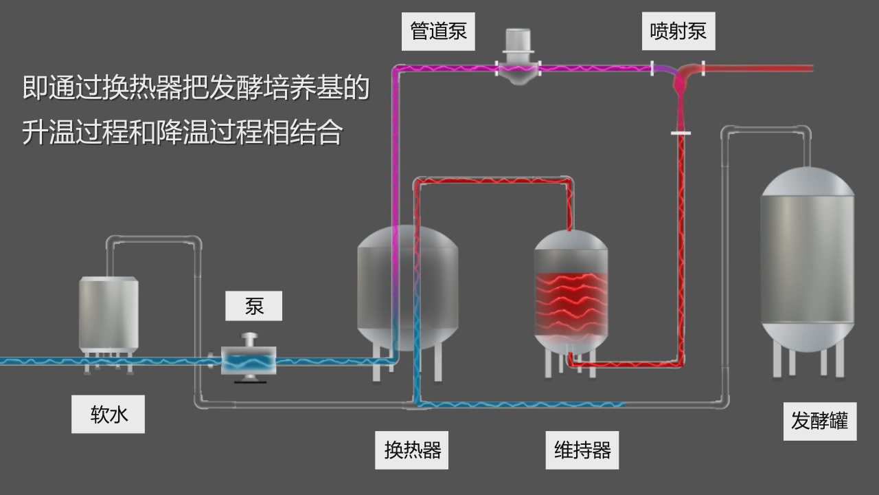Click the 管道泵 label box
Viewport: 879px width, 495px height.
(x=438, y=32)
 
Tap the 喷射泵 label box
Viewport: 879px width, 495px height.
(x=678, y=32)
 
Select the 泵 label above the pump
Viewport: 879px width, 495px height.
(x=253, y=306)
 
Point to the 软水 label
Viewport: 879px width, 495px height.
(x=108, y=415)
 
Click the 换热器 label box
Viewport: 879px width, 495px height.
(x=411, y=450)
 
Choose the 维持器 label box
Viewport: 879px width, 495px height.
(x=582, y=450)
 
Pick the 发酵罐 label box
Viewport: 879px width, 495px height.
(x=819, y=421)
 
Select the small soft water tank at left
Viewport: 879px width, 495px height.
(x=109, y=313)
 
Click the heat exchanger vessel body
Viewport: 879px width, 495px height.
(x=407, y=289)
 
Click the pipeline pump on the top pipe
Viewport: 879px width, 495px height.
(x=518, y=58)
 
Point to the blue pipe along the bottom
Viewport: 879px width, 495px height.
(x=522, y=404)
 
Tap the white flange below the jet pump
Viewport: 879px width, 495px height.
(x=680, y=133)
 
